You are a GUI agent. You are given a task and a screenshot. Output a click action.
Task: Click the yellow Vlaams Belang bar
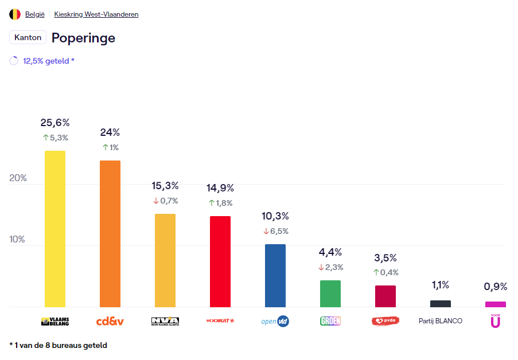[x=55, y=229]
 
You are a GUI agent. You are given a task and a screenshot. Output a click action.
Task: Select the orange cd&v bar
[x=110, y=234]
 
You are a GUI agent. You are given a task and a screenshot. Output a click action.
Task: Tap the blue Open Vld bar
[x=275, y=276]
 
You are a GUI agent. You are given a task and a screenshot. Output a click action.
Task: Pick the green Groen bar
[x=330, y=294]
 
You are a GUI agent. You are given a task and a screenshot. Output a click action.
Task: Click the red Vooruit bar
[x=220, y=261]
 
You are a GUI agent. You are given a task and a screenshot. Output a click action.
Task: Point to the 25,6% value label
[x=55, y=123]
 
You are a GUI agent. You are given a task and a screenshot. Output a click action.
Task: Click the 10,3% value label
[x=275, y=216]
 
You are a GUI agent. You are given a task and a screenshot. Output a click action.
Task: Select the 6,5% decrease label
[x=276, y=231]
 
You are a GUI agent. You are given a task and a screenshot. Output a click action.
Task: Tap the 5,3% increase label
[x=56, y=138]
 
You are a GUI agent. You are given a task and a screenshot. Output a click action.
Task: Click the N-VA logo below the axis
[x=165, y=321]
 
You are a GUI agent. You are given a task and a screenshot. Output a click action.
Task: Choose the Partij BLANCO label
[x=441, y=321]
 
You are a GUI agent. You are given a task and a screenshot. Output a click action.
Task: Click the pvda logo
[x=385, y=321]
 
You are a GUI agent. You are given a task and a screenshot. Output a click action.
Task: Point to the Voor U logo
[x=495, y=321]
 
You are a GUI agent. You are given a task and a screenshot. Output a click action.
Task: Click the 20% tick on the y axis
[x=18, y=178]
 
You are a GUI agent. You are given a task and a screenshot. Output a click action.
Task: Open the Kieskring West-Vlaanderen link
[x=96, y=14]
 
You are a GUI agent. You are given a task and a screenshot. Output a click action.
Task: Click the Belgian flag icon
[x=15, y=14]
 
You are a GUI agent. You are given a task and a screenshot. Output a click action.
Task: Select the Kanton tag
[x=28, y=37]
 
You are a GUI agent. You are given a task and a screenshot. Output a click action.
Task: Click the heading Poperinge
[x=83, y=38]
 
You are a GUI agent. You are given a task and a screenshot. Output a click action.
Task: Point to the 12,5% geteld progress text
[x=49, y=61]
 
